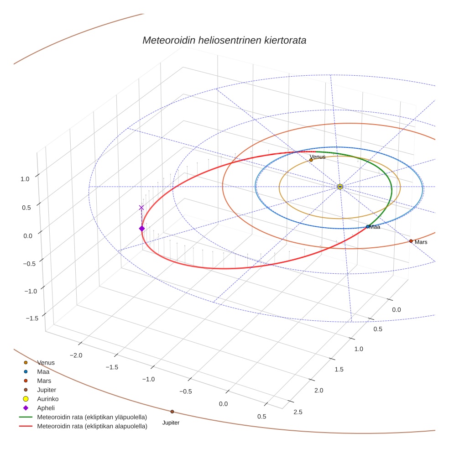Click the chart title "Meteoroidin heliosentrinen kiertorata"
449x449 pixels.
pos(224,40)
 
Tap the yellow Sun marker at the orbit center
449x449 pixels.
pos(340,187)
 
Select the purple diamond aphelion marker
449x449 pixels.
pos(141,228)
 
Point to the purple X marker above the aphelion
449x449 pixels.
pos(141,208)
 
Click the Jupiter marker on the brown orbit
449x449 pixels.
pos(172,412)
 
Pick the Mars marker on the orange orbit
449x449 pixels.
pos(411,241)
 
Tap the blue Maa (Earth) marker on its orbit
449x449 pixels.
pos(368,227)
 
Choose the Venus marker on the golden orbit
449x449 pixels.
pos(311,160)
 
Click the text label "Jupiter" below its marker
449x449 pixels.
pos(171,423)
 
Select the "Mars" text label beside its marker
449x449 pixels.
pos(421,242)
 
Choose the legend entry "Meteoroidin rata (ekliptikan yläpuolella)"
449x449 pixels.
pos(92,417)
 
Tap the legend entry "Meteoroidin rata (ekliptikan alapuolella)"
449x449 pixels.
pos(92,426)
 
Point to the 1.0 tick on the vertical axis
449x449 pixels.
pos(25,179)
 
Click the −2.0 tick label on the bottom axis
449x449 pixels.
pos(75,355)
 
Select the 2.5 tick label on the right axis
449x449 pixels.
pos(297,412)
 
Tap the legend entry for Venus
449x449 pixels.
pos(46,363)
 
